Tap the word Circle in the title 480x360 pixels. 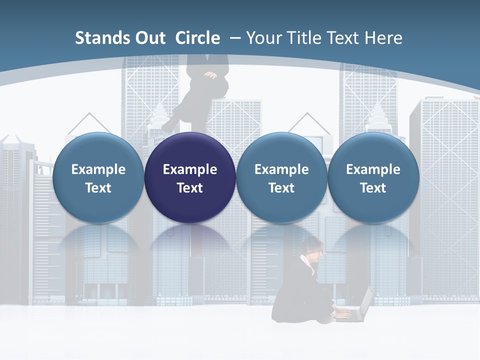click(197, 38)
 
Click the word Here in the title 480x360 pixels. click(383, 38)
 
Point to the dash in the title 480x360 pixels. click(235, 38)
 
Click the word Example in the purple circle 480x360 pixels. click(190, 169)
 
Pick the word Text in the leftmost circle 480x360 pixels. click(98, 188)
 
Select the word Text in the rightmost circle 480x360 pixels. click(373, 188)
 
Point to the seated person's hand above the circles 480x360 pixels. click(210, 75)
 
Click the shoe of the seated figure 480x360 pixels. click(168, 126)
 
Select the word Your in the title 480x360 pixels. click(263, 38)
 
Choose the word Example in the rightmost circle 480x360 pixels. click(373, 169)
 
